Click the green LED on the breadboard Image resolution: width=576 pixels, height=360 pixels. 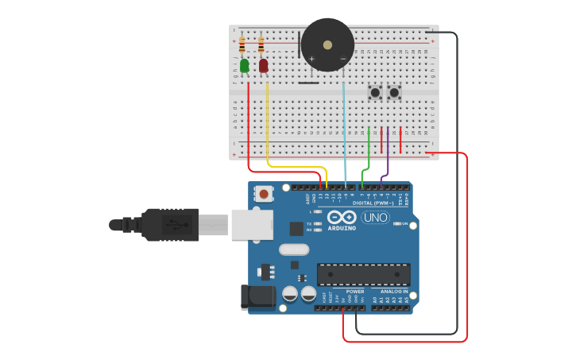click(x=244, y=65)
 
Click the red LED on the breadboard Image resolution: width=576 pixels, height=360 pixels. click(x=263, y=65)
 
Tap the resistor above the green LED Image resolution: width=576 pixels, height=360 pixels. click(x=242, y=45)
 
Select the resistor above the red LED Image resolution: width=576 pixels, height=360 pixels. click(x=261, y=45)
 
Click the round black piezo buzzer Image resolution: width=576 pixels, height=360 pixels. click(x=327, y=45)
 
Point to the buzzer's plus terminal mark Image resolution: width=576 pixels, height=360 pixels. click(x=312, y=59)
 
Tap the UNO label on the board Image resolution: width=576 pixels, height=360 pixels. click(x=375, y=218)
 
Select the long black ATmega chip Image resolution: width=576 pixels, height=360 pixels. click(x=364, y=274)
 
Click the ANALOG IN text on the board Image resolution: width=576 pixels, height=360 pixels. click(x=393, y=292)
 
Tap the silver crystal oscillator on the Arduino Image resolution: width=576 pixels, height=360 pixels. click(x=293, y=250)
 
